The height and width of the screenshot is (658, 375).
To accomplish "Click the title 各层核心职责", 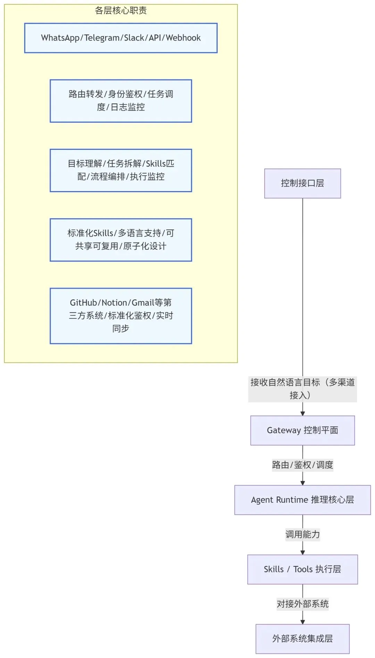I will [x=120, y=11].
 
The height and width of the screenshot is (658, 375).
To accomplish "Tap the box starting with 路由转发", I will [x=120, y=101].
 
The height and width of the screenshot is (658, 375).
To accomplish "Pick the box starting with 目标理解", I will [x=120, y=170].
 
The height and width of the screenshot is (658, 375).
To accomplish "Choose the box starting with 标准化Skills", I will [x=120, y=239].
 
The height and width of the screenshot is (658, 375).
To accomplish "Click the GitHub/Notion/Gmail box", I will [x=120, y=316].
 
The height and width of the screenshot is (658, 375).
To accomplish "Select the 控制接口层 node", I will [x=302, y=183].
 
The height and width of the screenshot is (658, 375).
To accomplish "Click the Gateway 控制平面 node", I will [x=302, y=430].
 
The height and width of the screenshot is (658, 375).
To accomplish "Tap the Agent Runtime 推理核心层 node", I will [x=302, y=499].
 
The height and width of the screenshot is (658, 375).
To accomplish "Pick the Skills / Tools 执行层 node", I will [x=302, y=569].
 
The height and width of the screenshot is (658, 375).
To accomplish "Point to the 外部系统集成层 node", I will [x=302, y=639].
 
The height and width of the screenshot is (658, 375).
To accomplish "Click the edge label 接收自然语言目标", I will [x=302, y=388].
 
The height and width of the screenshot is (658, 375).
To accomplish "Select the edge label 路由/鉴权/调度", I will [x=302, y=465].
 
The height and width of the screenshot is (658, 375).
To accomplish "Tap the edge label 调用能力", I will [x=302, y=534].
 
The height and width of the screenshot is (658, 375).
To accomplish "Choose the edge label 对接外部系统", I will [x=302, y=604].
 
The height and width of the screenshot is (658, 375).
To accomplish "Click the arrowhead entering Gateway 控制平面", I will [x=302, y=413].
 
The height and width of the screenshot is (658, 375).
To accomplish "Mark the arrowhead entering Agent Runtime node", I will [x=302, y=483].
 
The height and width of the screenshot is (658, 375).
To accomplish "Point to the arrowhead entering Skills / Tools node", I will [x=302, y=553].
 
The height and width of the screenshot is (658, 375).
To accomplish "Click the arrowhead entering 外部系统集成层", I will [x=302, y=622].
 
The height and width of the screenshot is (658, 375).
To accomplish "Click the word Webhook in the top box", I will [x=183, y=38].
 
